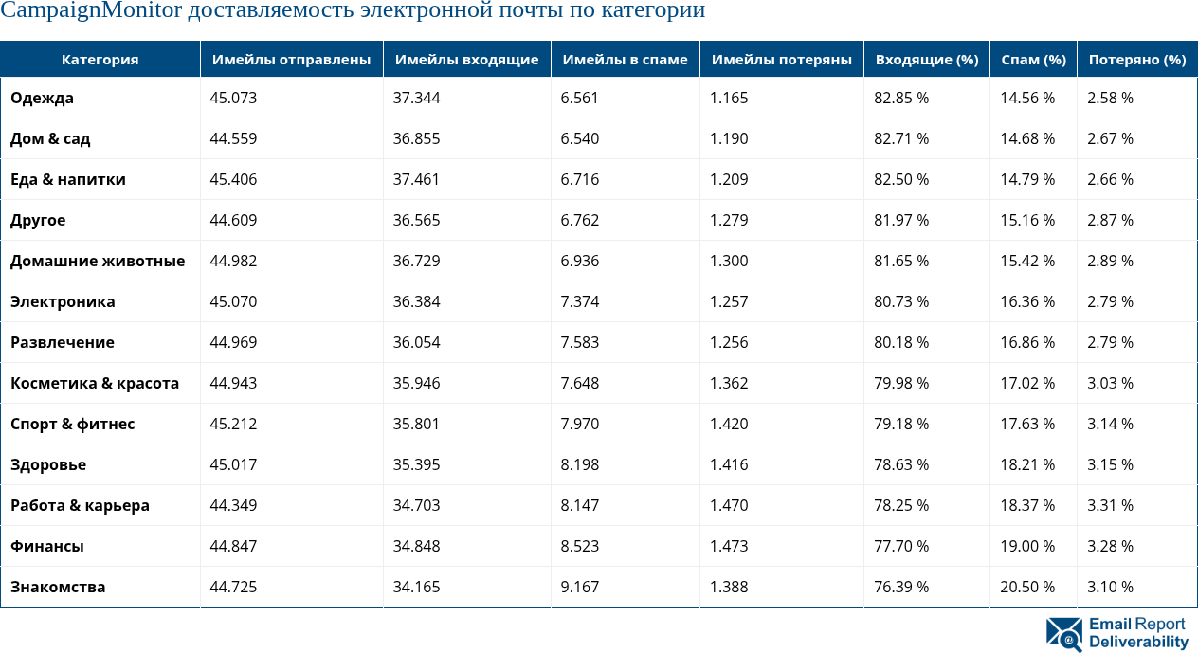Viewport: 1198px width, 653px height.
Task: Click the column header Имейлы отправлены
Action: pyautogui.click(x=291, y=60)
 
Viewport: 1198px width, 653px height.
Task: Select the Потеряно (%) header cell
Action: pyautogui.click(x=1136, y=60)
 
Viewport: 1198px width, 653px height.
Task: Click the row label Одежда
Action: pyautogui.click(x=42, y=98)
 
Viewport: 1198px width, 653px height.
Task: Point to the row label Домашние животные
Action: pyautogui.click(x=98, y=261)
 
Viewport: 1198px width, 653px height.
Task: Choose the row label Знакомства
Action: pyautogui.click(x=58, y=587)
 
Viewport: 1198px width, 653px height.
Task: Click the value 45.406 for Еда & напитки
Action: pyautogui.click(x=233, y=179)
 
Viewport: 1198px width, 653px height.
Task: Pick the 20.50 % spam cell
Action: pyautogui.click(x=1027, y=587)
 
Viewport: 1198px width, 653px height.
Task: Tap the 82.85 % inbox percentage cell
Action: pyautogui.click(x=901, y=98)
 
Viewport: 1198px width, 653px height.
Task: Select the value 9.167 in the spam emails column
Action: pyautogui.click(x=580, y=587)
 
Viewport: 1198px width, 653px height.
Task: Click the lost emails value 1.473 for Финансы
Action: pyautogui.click(x=729, y=546)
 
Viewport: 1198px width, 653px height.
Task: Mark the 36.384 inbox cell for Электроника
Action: pyautogui.click(x=416, y=301)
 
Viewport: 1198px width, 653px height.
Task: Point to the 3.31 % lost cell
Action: pyautogui.click(x=1110, y=505)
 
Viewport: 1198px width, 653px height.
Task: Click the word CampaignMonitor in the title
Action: pyautogui.click(x=92, y=11)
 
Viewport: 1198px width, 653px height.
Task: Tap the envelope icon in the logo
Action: pyautogui.click(x=1064, y=634)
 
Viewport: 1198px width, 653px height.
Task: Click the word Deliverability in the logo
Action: pyautogui.click(x=1138, y=643)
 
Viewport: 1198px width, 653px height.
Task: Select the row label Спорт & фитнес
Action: pyautogui.click(x=72, y=424)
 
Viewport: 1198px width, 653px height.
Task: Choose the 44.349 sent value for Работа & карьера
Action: pyautogui.click(x=233, y=505)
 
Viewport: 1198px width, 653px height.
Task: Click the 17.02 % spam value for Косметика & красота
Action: pyautogui.click(x=1027, y=383)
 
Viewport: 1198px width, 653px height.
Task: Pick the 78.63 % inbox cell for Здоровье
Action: pyautogui.click(x=901, y=464)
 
